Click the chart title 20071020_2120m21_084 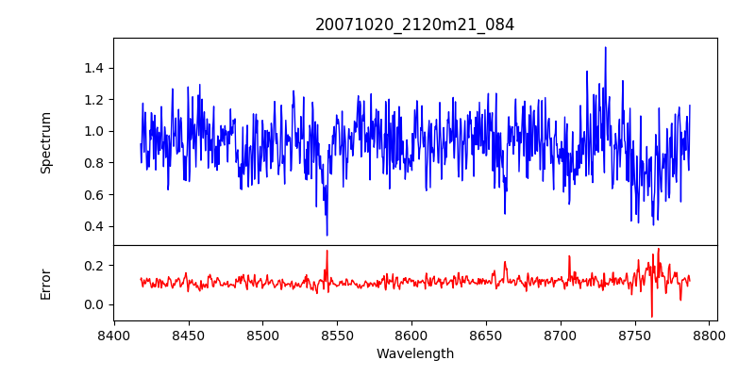click(x=414, y=25)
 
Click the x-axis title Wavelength click(x=414, y=354)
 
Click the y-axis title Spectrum click(x=46, y=142)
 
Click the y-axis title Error click(x=46, y=284)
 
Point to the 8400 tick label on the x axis click(x=113, y=336)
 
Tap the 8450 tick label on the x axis click(x=188, y=336)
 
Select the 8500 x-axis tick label click(x=262, y=336)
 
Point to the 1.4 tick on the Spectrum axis click(x=95, y=68)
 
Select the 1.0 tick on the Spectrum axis click(x=95, y=131)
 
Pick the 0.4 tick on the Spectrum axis click(x=95, y=226)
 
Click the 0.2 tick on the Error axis click(x=95, y=266)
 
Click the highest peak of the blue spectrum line click(x=605, y=47)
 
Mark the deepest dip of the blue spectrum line click(x=327, y=235)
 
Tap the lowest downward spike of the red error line click(x=651, y=317)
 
